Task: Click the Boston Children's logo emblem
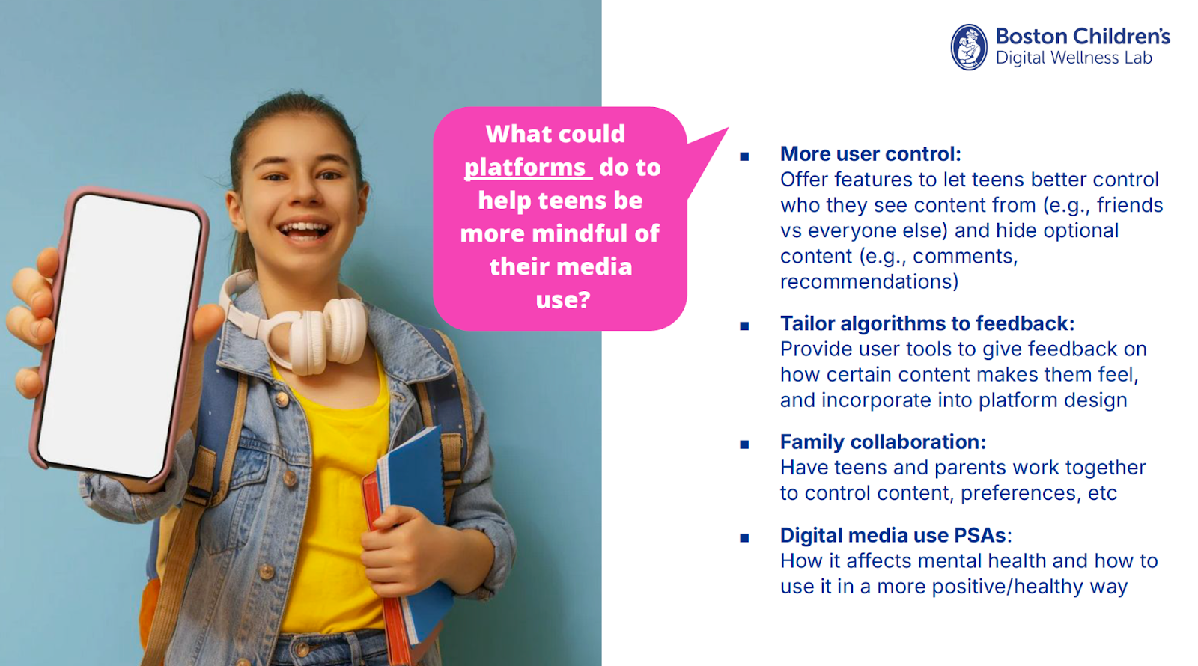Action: pyautogui.click(x=969, y=47)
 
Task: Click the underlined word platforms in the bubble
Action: pyautogui.click(x=526, y=168)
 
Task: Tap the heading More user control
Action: pyautogui.click(x=870, y=154)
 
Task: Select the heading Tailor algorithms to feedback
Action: pyautogui.click(x=927, y=323)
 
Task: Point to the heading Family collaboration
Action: pyautogui.click(x=883, y=442)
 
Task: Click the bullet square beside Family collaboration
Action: pyautogui.click(x=744, y=444)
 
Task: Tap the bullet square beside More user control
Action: pyautogui.click(x=744, y=156)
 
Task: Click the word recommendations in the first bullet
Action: pyautogui.click(x=869, y=282)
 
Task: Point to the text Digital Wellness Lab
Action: pyautogui.click(x=1074, y=58)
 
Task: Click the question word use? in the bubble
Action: pyautogui.click(x=563, y=300)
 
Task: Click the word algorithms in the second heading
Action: pyautogui.click(x=893, y=323)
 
